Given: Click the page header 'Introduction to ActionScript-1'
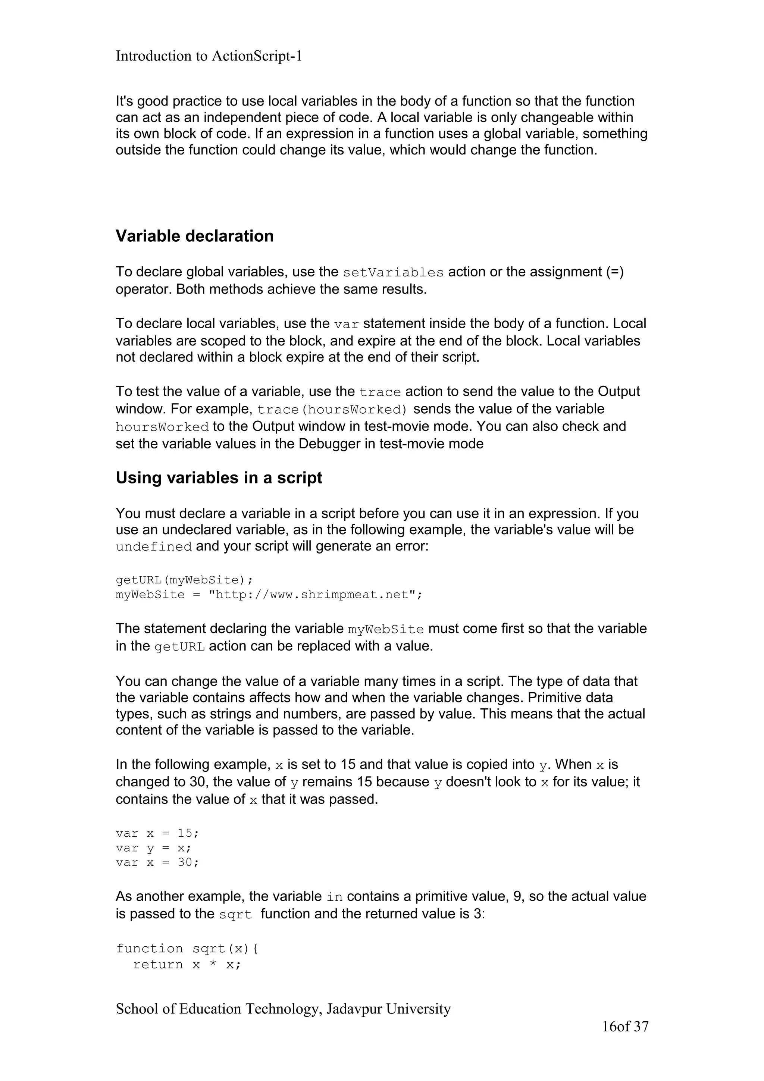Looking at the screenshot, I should point(209,56).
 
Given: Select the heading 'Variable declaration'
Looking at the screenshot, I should point(194,236).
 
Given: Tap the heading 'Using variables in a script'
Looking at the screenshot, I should point(219,477).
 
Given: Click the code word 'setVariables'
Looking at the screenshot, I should point(393,273).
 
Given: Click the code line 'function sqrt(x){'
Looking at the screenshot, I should point(187,948).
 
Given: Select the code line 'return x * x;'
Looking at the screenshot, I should point(187,965).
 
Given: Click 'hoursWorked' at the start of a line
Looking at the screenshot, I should point(162,427).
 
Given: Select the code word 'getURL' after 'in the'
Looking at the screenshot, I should point(179,646).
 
